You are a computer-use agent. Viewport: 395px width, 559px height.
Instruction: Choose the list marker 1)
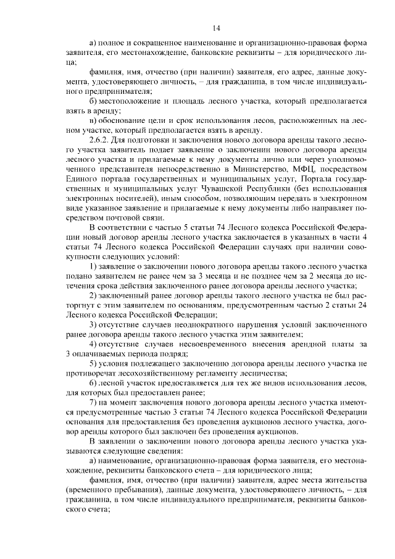click(93, 266)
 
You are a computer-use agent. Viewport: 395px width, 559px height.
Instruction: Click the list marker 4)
click(93, 343)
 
